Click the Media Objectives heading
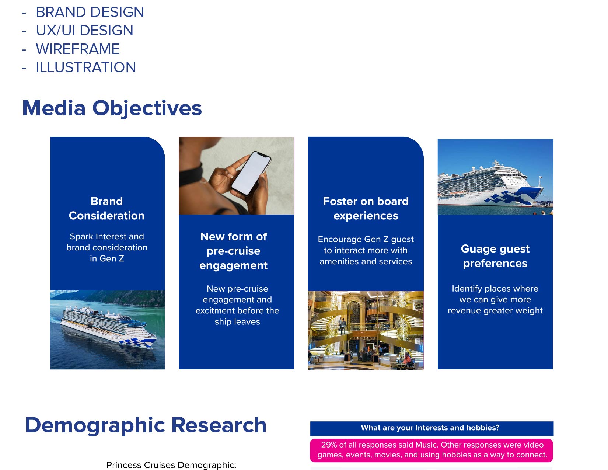click(x=112, y=108)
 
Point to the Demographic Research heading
click(x=146, y=425)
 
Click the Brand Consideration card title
click(x=107, y=209)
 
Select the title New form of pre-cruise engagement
click(x=234, y=251)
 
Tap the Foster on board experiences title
click(x=366, y=209)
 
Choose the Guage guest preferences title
click(x=495, y=256)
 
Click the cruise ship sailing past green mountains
click(x=108, y=327)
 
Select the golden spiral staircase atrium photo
click(x=366, y=331)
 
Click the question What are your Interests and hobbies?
click(x=430, y=428)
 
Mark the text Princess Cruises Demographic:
click(x=171, y=465)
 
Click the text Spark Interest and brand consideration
click(x=107, y=242)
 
